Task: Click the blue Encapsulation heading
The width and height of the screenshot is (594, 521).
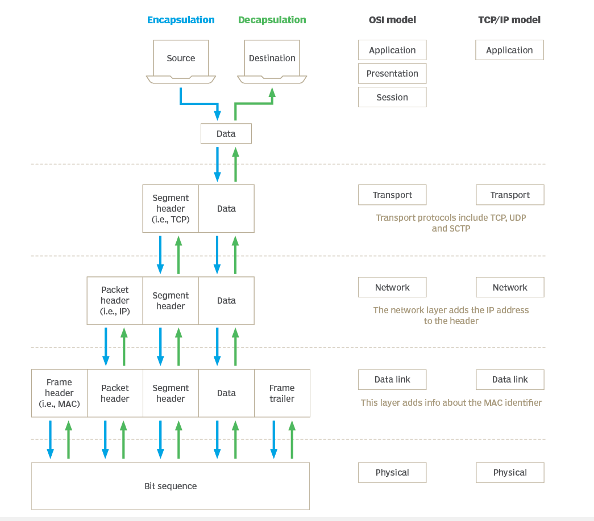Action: (x=181, y=20)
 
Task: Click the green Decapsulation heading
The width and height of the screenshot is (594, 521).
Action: (x=272, y=20)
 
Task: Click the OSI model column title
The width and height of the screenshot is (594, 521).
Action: (x=392, y=20)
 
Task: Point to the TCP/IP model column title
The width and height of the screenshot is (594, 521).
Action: (x=509, y=20)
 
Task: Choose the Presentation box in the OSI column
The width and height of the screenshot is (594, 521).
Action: (x=392, y=74)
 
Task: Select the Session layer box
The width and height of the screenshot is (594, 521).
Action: (x=392, y=97)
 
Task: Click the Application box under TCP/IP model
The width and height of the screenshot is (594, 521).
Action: (x=509, y=50)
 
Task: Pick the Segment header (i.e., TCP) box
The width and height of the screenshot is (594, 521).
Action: (x=171, y=208)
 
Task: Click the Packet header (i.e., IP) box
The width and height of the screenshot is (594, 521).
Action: (x=115, y=300)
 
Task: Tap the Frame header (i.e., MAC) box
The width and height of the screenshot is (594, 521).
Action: (x=59, y=393)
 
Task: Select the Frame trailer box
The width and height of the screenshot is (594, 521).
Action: (x=282, y=393)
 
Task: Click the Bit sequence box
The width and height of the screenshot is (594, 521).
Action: (x=171, y=486)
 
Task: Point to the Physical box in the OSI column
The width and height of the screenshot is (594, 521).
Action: (x=392, y=472)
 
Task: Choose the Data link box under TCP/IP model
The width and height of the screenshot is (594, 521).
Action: (x=510, y=380)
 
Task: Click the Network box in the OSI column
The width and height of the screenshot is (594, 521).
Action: (x=392, y=287)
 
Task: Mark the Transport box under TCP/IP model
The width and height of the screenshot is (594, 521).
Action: (x=510, y=195)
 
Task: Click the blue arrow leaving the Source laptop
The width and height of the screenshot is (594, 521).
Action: (x=199, y=104)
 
